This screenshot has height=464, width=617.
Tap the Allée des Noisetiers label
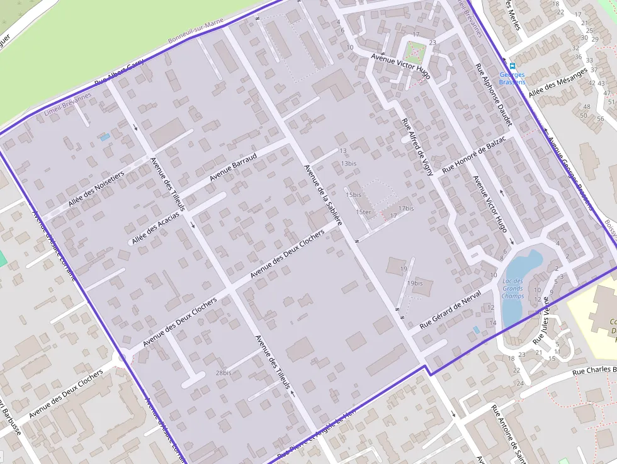pyautogui.click(x=96, y=188)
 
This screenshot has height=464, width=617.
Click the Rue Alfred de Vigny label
pyautogui.click(x=417, y=145)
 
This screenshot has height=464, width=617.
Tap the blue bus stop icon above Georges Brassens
pyautogui.click(x=512, y=65)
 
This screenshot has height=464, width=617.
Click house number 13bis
pyautogui.click(x=349, y=163)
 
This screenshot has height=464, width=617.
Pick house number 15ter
pyautogui.click(x=363, y=212)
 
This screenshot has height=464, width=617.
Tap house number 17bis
pyautogui.click(x=406, y=208)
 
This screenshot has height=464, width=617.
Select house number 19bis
pyautogui.click(x=414, y=283)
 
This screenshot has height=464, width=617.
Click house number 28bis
pyautogui.click(x=224, y=373)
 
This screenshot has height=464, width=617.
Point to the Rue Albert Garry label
pyautogui.click(x=119, y=74)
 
